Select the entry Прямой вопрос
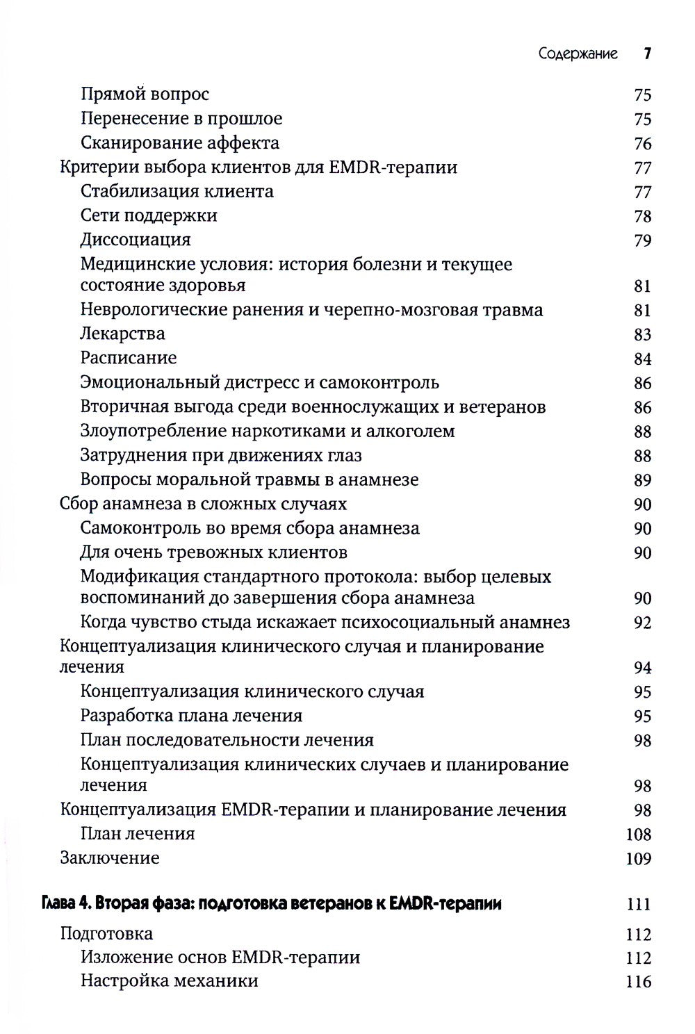145,95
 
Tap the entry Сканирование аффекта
179,143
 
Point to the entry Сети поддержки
149,215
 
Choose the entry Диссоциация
136,240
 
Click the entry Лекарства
123,334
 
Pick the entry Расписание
129,358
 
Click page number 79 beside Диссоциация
642,240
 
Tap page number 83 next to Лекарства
642,334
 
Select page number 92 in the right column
642,623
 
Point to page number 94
642,668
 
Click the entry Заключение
110,857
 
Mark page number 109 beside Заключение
638,858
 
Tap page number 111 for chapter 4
638,905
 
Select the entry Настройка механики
170,981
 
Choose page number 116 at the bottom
638,982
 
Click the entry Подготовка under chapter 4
106,933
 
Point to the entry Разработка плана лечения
191,716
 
